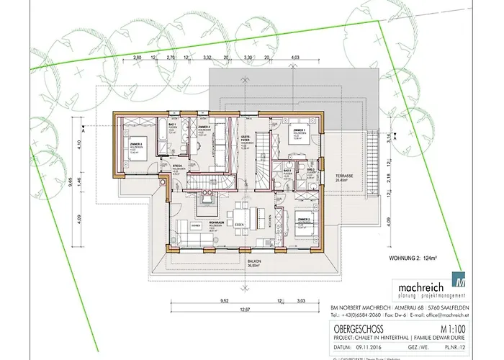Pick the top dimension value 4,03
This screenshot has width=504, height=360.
point(295,55)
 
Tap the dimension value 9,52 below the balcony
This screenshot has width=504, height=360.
point(204,300)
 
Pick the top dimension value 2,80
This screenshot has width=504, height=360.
point(136,55)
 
